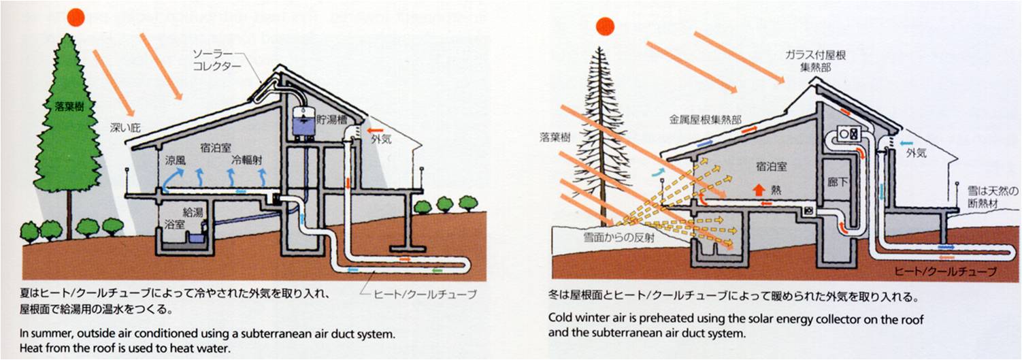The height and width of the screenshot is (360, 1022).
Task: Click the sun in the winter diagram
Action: [605, 26]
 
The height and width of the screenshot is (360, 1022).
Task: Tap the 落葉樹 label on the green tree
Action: [69, 106]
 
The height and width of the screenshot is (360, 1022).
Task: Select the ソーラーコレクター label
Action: [217, 61]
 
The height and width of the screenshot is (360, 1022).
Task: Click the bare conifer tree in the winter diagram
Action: [598, 129]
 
